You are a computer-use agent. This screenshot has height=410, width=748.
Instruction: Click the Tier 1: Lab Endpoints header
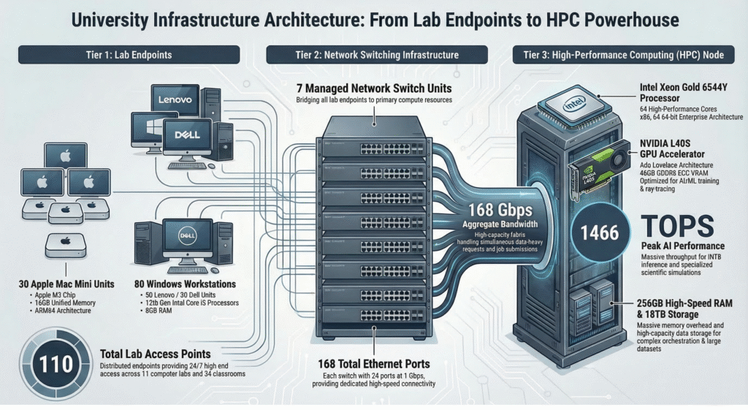tap(129, 55)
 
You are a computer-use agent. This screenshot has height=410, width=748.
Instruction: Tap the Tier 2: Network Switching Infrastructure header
tap(373, 55)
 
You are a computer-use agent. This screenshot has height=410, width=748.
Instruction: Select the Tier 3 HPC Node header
tap(624, 55)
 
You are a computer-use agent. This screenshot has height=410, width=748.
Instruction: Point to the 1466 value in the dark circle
tap(599, 233)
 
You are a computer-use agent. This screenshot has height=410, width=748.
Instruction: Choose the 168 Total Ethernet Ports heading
tap(374, 362)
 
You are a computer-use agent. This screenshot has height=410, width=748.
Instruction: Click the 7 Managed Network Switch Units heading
tap(373, 88)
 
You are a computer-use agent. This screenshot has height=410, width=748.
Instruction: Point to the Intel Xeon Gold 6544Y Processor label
tap(684, 93)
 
